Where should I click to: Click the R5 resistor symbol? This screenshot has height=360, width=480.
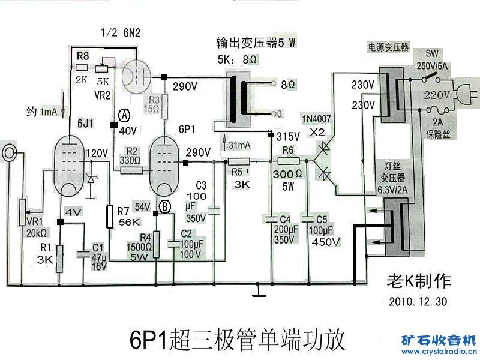239,161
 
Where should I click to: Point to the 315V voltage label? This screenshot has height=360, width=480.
288,136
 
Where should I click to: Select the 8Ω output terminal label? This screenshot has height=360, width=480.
289,85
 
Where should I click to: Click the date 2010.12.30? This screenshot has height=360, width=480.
418,301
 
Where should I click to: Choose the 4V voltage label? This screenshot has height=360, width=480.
73,212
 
